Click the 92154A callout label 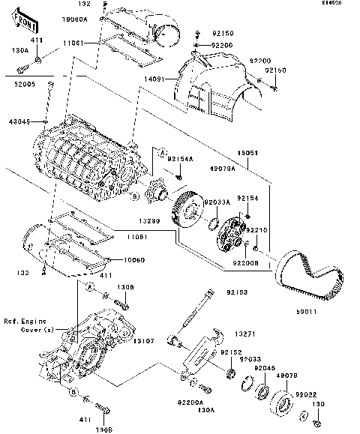[x=180, y=159]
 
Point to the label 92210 [x=258, y=230]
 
